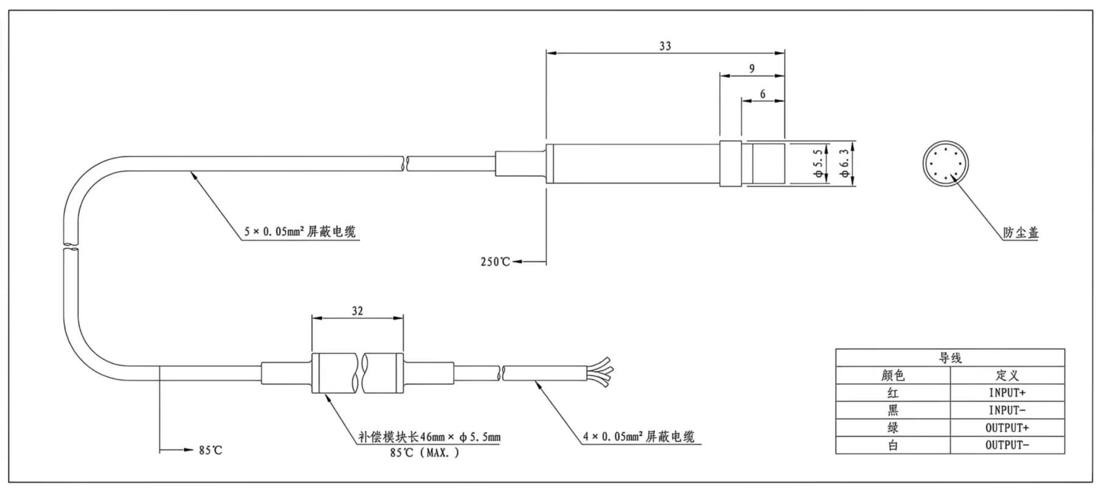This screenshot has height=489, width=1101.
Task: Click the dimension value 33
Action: pyautogui.click(x=665, y=46)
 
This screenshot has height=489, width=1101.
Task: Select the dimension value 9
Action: pyautogui.click(x=752, y=69)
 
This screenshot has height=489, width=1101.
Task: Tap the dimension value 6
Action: pyautogui.click(x=763, y=94)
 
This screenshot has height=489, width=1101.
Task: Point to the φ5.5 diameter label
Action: pyautogui.click(x=819, y=163)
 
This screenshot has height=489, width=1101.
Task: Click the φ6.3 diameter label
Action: pyautogui.click(x=844, y=163)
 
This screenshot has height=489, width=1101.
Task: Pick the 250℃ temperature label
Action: pyautogui.click(x=495, y=262)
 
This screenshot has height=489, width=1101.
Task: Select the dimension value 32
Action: pyautogui.click(x=357, y=311)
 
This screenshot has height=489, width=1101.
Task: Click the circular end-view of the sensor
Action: pyautogui.click(x=946, y=164)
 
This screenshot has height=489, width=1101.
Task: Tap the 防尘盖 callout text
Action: pyautogui.click(x=1021, y=232)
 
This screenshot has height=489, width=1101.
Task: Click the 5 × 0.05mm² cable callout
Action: pyautogui.click(x=300, y=231)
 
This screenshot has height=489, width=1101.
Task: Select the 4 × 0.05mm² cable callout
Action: pyautogui.click(x=638, y=436)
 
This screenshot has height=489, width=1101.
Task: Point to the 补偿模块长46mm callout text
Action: pyautogui.click(x=429, y=437)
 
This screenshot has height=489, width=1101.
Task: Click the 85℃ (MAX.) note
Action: pyautogui.click(x=424, y=453)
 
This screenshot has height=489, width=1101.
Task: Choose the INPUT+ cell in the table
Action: pyautogui.click(x=1007, y=393)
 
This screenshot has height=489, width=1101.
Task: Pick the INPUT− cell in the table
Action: pyautogui.click(x=1007, y=411)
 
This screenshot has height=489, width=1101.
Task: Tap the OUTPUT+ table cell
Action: pyautogui.click(x=1007, y=428)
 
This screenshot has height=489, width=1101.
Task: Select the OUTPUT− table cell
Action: pyautogui.click(x=1007, y=445)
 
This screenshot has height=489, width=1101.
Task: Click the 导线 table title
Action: pyautogui.click(x=949, y=358)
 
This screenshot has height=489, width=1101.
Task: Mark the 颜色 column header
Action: pyautogui.click(x=892, y=375)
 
